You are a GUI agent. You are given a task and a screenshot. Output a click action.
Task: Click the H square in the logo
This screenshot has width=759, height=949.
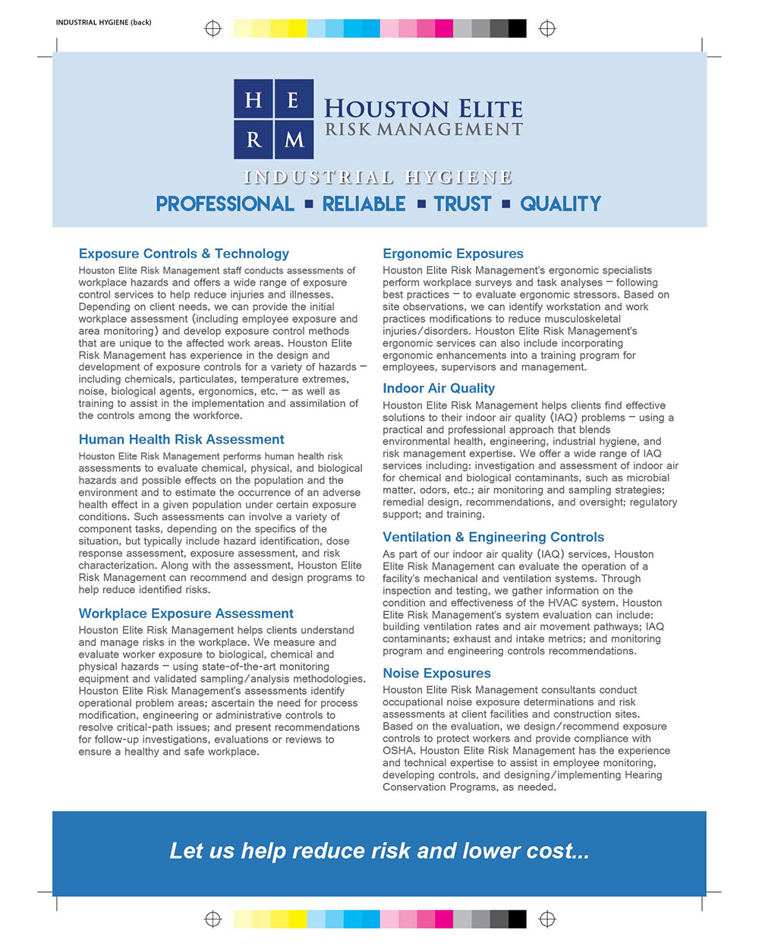click(x=254, y=99)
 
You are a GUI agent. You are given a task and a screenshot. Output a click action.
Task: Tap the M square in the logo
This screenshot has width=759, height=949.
click(x=294, y=139)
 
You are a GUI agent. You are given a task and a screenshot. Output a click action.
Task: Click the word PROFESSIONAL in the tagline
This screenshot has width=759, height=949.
click(x=225, y=203)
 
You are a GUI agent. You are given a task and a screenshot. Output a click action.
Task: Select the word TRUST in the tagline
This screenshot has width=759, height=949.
click(x=463, y=203)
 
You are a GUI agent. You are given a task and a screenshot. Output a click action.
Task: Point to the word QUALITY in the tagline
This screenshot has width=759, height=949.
click(x=560, y=203)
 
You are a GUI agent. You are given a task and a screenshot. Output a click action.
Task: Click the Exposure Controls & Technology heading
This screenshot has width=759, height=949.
click(x=184, y=254)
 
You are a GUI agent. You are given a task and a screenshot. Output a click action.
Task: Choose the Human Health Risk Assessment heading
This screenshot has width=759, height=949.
click(x=181, y=440)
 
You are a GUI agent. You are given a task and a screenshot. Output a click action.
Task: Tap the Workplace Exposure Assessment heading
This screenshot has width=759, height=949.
click(x=186, y=613)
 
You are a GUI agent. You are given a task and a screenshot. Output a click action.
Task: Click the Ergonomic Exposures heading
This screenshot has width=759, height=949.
click(x=453, y=254)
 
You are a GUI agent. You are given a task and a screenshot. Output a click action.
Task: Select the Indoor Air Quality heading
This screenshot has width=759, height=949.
click(x=439, y=388)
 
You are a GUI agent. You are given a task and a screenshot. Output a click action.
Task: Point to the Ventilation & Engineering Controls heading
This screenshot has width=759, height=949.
click(x=493, y=537)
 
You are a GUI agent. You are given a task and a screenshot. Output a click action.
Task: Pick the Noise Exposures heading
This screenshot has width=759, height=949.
click(x=436, y=673)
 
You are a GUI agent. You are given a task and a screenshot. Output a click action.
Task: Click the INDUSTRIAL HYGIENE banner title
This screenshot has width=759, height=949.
click(x=378, y=178)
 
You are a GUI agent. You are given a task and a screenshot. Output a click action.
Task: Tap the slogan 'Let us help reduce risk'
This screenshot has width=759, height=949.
click(x=379, y=851)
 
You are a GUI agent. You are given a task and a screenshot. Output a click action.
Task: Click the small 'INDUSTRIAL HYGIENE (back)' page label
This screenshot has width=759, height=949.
click(x=103, y=23)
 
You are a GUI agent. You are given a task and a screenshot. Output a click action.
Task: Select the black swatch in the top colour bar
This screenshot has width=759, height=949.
click(x=517, y=29)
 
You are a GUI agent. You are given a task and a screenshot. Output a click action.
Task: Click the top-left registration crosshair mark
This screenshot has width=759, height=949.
click(x=213, y=29)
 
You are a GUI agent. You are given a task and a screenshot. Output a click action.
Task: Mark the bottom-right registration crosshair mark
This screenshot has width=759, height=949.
click(x=547, y=919)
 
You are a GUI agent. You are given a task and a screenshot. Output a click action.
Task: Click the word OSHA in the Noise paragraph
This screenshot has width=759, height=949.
click(x=398, y=751)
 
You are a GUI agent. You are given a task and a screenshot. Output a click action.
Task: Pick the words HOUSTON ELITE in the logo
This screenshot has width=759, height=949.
click(x=424, y=109)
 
